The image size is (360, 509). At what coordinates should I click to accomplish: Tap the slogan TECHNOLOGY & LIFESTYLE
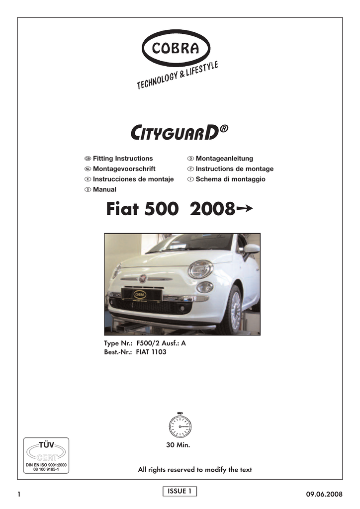(178, 77)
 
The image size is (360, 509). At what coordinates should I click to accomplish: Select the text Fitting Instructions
(123, 159)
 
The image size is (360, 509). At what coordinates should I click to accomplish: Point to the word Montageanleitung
(224, 159)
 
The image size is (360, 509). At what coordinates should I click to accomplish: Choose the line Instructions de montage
(234, 169)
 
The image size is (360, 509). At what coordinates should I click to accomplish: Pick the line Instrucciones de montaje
(133, 179)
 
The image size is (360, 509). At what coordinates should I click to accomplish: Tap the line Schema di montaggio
(230, 179)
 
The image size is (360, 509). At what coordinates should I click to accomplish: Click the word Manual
(104, 189)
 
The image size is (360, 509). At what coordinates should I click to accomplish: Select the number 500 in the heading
(161, 210)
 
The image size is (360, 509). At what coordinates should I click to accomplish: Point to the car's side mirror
(252, 248)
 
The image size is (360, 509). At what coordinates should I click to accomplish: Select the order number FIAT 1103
(151, 352)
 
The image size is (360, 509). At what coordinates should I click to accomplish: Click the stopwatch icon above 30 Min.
(180, 424)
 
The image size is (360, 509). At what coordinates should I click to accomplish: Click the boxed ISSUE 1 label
(180, 491)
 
